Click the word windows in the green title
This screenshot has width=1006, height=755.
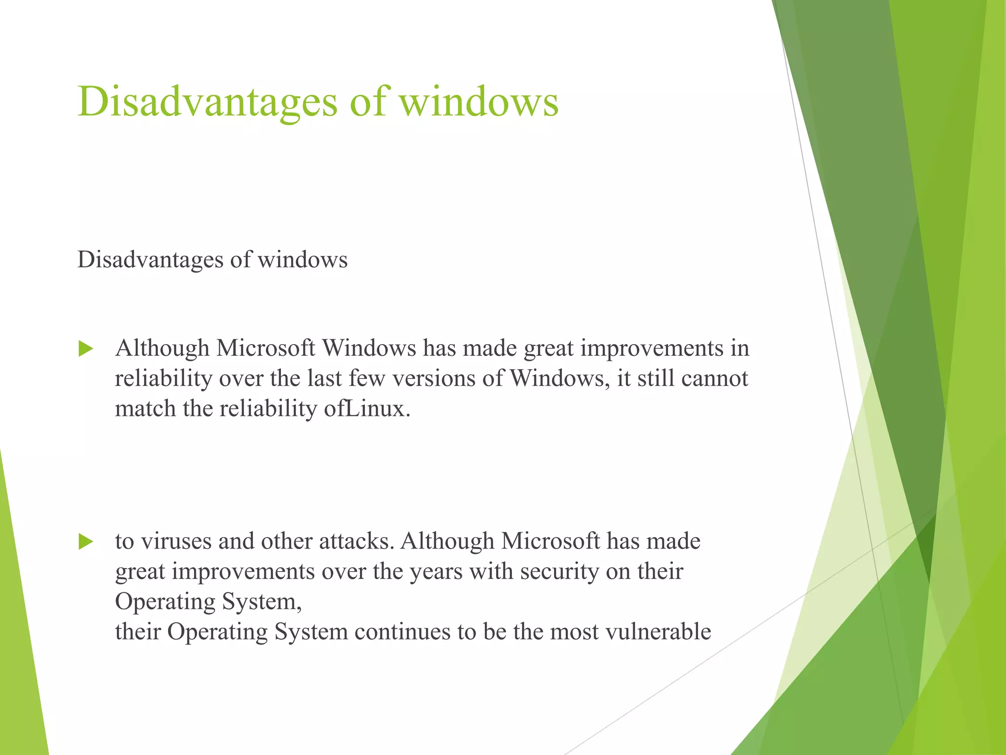[478, 102]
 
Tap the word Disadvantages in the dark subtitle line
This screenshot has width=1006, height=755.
[150, 260]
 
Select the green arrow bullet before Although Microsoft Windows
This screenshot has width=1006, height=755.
[86, 349]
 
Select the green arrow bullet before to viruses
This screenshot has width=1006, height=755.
[86, 542]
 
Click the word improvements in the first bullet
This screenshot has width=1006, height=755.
[652, 348]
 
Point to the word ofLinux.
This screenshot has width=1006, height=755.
[367, 409]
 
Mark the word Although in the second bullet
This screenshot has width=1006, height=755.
[447, 541]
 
